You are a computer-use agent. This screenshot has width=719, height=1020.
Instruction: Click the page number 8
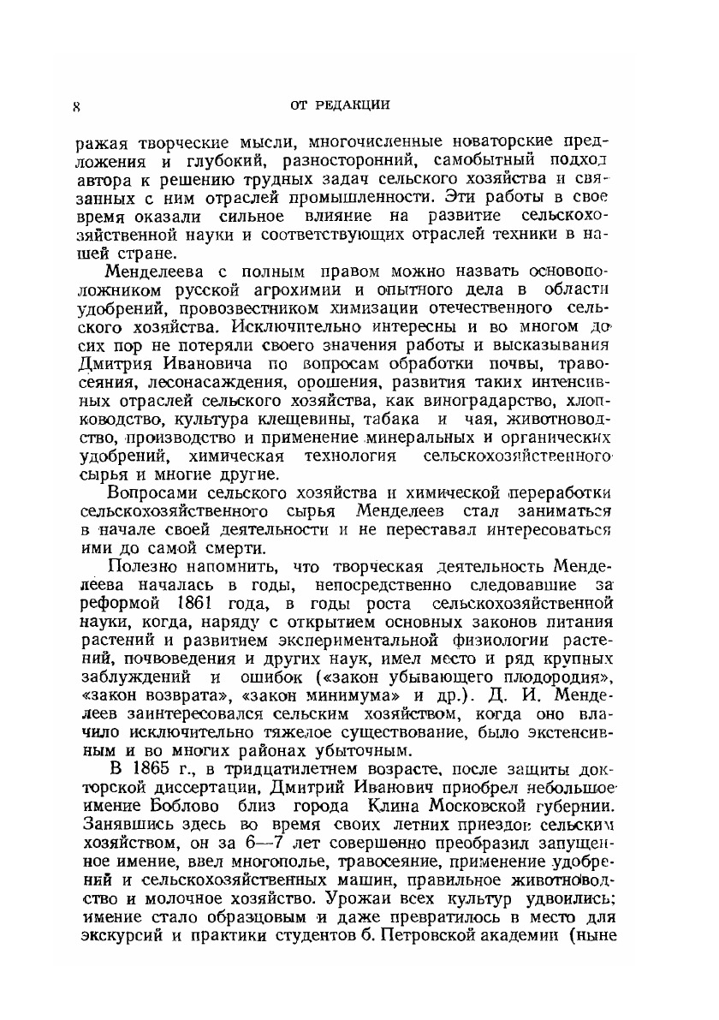click(76, 107)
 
